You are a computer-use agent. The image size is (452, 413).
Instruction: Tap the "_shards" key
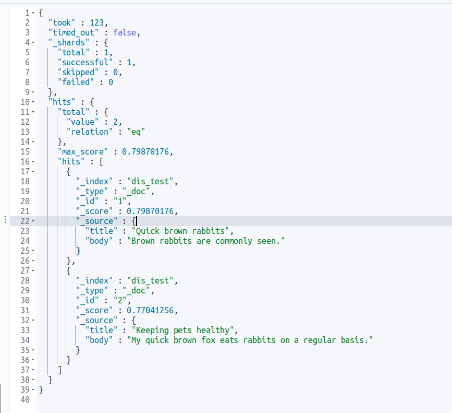tap(66, 42)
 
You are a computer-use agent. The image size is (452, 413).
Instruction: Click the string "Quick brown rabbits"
tap(180, 231)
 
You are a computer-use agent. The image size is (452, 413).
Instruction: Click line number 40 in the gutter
tap(25, 399)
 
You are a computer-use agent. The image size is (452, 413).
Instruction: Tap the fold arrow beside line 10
tap(33, 102)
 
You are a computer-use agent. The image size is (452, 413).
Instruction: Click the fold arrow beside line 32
tap(33, 321)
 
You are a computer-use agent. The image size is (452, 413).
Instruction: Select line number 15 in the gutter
tap(25, 151)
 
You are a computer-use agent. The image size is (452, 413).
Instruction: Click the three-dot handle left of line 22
tap(5, 221)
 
